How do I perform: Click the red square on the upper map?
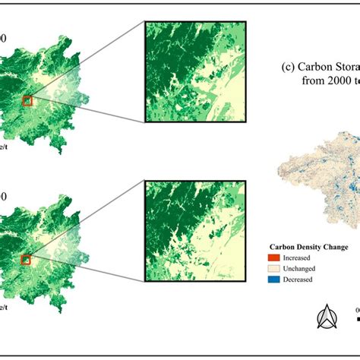28,101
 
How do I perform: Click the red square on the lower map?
27,259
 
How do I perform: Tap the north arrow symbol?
327,317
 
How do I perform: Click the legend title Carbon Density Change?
309,247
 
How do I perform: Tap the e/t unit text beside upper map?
5,145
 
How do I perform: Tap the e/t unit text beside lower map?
5,306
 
